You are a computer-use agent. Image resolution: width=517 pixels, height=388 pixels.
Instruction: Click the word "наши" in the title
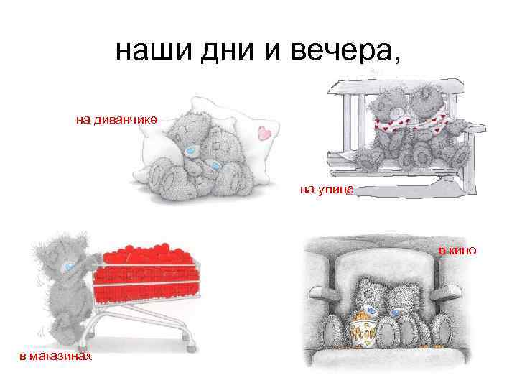click(x=154, y=51)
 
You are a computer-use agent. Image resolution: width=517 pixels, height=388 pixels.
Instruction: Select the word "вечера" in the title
click(x=340, y=52)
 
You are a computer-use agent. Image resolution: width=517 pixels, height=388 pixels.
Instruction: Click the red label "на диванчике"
click(x=116, y=119)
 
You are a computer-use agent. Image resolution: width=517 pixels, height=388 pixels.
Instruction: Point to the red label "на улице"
click(x=327, y=190)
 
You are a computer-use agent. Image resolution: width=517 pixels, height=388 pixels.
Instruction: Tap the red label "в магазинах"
click(x=55, y=356)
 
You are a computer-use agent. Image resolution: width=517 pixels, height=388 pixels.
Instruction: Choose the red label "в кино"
click(x=457, y=251)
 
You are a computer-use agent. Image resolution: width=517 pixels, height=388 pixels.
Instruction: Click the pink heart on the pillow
click(x=264, y=133)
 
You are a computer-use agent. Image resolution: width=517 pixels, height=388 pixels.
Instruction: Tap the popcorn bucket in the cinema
click(x=363, y=330)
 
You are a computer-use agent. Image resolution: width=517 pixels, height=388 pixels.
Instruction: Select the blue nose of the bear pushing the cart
click(x=69, y=267)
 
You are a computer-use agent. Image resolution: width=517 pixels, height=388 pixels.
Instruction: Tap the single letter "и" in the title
click(x=272, y=52)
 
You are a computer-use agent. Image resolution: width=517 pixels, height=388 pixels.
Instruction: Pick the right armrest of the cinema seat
click(x=446, y=291)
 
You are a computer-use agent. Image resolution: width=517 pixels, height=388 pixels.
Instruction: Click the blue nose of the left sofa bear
click(x=190, y=152)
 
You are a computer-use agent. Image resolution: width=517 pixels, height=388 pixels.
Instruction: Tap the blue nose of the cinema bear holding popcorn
click(x=371, y=310)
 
